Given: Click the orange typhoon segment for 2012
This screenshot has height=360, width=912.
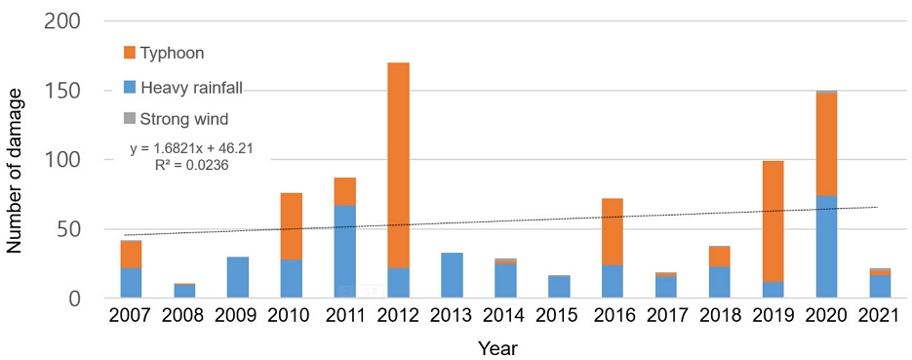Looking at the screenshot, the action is tap(398, 165).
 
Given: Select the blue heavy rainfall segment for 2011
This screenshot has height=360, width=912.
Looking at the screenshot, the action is tap(345, 252).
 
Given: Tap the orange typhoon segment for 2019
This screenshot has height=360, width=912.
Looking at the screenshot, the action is tap(773, 221).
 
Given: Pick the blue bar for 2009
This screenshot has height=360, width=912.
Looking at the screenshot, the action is tap(238, 277).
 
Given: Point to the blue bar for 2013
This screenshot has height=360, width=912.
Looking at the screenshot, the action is tap(452, 276).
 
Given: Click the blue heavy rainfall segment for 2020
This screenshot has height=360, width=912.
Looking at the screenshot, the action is tap(826, 247).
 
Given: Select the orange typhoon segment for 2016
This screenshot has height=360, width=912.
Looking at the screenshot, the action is tap(612, 232).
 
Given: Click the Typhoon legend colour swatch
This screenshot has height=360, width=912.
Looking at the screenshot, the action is tap(130, 53).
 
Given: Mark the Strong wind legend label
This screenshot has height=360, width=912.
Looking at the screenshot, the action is tap(183, 120).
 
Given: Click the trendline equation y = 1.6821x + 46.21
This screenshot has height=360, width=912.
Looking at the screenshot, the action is tap(191, 149).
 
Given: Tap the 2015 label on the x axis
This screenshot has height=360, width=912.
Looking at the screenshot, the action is tap(558, 316).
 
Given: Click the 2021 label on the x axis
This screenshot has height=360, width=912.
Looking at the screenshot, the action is tap(880, 316).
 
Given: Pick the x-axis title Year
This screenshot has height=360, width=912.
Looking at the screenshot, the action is tap(497, 347).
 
